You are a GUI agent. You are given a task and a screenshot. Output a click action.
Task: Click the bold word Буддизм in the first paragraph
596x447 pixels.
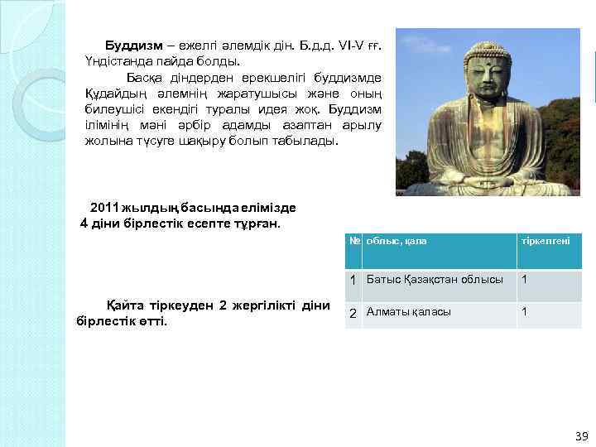pyautogui.click(x=134, y=44)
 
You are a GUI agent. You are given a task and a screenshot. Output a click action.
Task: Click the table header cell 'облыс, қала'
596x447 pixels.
pyautogui.click(x=397, y=241)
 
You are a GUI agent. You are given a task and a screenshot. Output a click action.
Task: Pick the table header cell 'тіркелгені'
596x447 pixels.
pyautogui.click(x=545, y=241)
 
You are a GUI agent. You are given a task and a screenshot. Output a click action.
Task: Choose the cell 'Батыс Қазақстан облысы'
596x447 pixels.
pyautogui.click(x=435, y=280)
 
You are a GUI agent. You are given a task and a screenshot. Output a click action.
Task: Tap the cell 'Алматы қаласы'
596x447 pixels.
pyautogui.click(x=409, y=312)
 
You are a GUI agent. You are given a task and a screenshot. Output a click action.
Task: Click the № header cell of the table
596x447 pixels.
pyautogui.click(x=353, y=241)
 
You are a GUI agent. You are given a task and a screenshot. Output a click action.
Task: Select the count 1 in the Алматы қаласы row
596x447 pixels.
pyautogui.click(x=523, y=312)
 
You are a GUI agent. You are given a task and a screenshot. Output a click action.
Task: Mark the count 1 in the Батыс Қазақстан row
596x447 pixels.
pyautogui.click(x=523, y=279)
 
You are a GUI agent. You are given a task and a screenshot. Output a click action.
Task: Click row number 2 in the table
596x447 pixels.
pyautogui.click(x=353, y=313)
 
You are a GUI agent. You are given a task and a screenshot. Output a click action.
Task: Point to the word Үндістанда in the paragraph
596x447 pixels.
pyautogui.click(x=116, y=60)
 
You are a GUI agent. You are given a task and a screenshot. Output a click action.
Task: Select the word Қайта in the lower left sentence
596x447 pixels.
pyautogui.click(x=123, y=305)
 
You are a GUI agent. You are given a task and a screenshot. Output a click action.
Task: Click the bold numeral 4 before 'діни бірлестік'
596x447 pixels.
pyautogui.click(x=83, y=223)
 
